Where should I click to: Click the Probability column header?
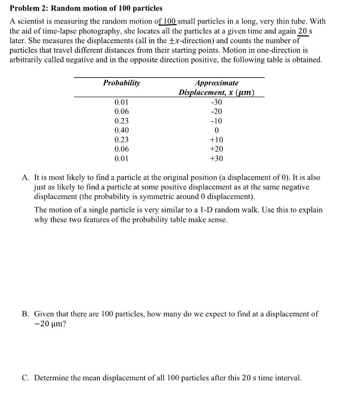point(121,83)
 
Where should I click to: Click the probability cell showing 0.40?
point(121,130)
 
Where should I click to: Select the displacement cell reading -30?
point(216,102)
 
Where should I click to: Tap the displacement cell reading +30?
point(216,159)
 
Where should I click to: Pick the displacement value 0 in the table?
point(216,130)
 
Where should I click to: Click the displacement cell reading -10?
point(216,121)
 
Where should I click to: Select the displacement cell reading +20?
point(216,149)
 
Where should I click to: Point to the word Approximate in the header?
point(216,83)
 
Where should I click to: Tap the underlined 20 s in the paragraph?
point(305,31)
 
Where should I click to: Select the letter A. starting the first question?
point(26,177)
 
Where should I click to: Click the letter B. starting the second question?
point(26,314)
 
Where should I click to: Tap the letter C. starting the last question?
point(26,378)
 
